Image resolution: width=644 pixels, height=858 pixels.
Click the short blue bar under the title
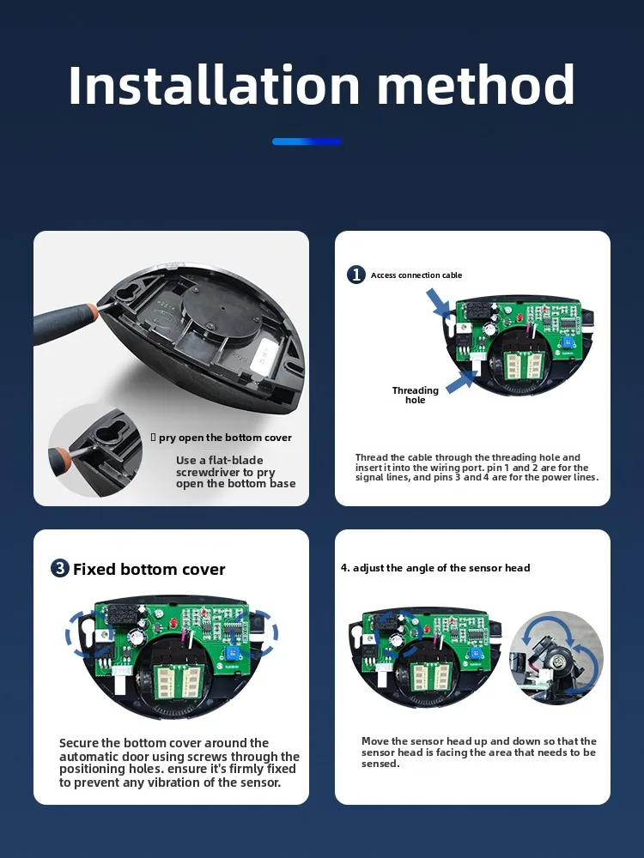coord(307,142)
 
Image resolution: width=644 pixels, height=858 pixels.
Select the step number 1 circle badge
coord(356,275)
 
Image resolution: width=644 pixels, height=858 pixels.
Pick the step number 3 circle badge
coord(59,568)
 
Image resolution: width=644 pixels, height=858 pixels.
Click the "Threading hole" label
coord(415,395)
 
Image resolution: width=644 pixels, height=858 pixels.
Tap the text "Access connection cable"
coord(416,275)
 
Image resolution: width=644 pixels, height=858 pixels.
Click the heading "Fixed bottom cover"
coord(149,569)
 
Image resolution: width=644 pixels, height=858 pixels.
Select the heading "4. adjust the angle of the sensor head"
coord(435,568)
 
